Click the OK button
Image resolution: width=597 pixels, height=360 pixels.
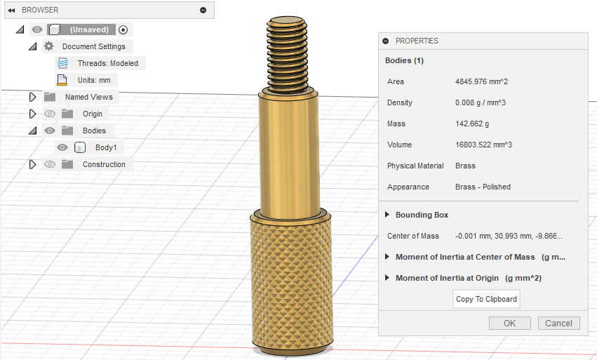click(509, 323)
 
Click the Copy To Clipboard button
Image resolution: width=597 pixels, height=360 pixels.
click(486, 299)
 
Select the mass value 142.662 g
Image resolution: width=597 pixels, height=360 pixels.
click(472, 124)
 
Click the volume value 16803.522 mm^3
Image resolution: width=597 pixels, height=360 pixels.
click(483, 145)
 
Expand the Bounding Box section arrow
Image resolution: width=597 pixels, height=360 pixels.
click(387, 215)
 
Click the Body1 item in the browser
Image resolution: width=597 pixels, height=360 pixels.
click(105, 147)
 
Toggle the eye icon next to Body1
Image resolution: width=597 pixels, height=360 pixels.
click(62, 147)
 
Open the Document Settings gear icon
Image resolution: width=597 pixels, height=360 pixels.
click(48, 46)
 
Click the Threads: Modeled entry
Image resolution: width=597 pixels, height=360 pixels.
click(107, 63)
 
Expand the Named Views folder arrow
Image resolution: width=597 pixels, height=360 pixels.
click(32, 97)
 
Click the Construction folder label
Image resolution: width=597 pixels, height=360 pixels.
click(104, 164)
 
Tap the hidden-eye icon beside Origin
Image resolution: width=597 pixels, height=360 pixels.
click(49, 114)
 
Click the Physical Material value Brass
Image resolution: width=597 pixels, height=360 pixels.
click(465, 166)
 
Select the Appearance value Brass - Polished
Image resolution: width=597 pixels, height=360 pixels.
click(483, 187)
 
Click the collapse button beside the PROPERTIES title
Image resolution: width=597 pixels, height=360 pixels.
click(385, 41)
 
